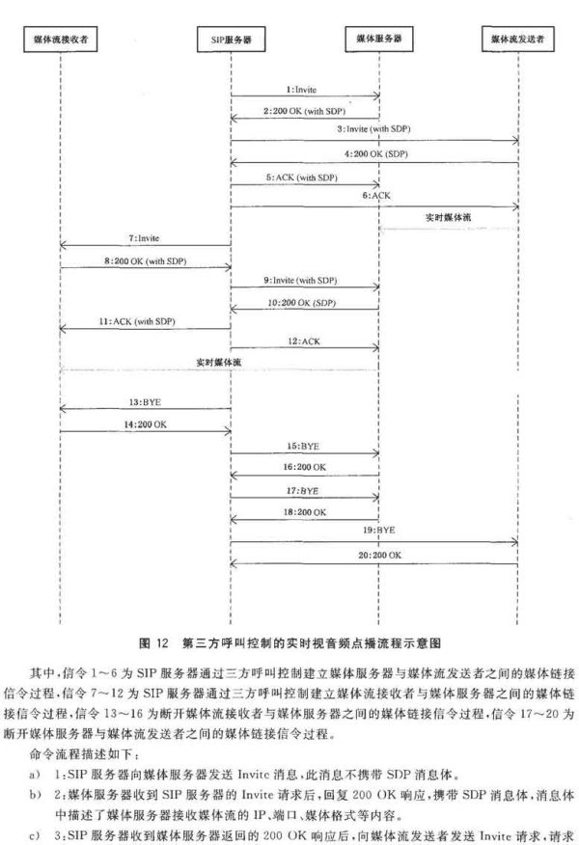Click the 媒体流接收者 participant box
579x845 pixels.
coord(61,39)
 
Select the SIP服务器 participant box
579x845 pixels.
coord(231,39)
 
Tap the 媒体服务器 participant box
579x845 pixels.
coord(379,39)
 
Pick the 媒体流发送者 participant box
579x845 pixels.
coord(517,39)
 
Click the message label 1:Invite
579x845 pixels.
coord(301,90)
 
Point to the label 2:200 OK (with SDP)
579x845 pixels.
coord(304,111)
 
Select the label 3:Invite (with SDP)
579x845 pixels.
coord(374,129)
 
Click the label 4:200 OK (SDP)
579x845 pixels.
coord(376,153)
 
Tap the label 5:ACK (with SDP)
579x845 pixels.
coord(301,177)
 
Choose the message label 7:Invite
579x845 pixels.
coord(144,237)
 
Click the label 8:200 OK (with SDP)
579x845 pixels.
coord(145,260)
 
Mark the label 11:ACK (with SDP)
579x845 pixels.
coord(137,321)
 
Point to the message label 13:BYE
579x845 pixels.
coord(145,402)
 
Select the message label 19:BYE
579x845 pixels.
coord(378,530)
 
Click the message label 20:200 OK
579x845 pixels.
coord(380,555)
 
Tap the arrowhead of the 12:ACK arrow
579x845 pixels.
coord(376,348)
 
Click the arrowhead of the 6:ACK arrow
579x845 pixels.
coord(515,207)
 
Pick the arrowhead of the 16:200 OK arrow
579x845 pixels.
coord(234,476)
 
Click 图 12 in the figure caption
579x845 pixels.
coord(154,642)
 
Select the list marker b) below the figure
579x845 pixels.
coord(35,795)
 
